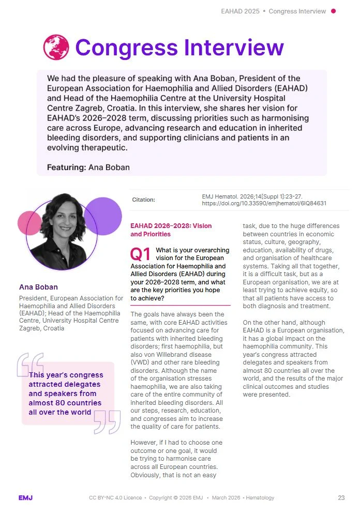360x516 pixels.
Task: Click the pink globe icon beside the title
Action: pos(56,48)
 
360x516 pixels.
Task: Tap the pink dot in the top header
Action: pos(333,11)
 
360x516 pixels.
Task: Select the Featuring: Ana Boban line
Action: pos(88,168)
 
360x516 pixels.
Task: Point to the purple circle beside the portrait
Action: pos(102,216)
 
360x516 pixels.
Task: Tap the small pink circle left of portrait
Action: pos(29,223)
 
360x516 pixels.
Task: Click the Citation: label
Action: pos(143,200)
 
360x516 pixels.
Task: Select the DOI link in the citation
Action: pos(264,203)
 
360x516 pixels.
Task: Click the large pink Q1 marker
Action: pos(141,254)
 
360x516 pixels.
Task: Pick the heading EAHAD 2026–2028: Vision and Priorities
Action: pos(171,230)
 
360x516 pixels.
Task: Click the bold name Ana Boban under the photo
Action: pos(38,287)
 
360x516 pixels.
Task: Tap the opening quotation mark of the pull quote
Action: pos(30,365)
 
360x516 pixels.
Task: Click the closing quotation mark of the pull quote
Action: pos(107,421)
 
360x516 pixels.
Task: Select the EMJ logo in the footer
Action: pos(26,498)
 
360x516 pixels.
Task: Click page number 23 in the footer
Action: pos(341,498)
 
